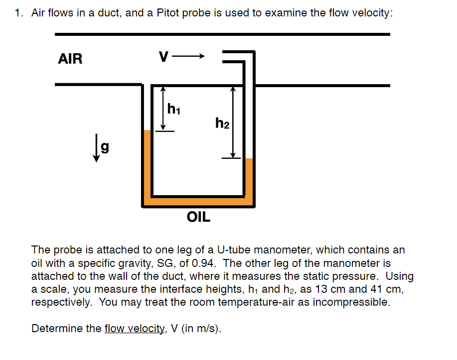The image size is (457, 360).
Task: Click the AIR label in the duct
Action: [70, 59]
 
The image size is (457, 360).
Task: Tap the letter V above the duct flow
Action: [163, 57]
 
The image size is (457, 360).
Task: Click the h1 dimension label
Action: [174, 108]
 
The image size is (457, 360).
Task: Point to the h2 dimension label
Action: [222, 122]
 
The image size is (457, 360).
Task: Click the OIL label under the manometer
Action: [198, 217]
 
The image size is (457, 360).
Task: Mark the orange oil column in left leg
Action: [147, 164]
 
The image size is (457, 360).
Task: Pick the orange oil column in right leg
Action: [250, 179]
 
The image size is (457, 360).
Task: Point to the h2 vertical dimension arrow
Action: [232, 122]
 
